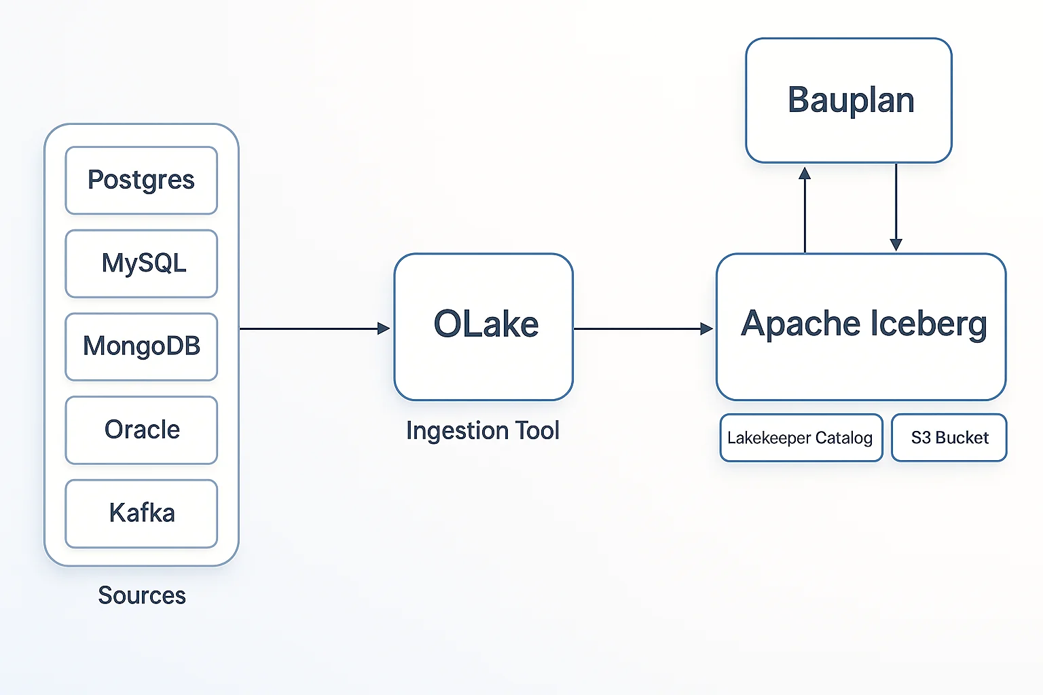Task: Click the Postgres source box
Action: [141, 181]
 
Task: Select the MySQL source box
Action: [141, 263]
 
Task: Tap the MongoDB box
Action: [141, 347]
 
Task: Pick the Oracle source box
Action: [141, 430]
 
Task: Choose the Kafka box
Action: [141, 513]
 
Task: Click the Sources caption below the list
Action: [142, 595]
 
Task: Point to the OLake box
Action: [483, 326]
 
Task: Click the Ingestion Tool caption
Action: [482, 430]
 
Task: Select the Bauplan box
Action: [849, 100]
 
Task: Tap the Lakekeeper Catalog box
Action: [801, 438]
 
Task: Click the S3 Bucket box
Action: [949, 438]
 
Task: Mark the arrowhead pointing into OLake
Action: [384, 328]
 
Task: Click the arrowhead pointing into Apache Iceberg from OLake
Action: [707, 328]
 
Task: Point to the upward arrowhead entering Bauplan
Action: [805, 174]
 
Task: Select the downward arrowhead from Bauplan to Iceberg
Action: [896, 244]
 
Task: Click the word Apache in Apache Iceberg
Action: [801, 324]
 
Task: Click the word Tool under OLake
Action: [537, 430]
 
